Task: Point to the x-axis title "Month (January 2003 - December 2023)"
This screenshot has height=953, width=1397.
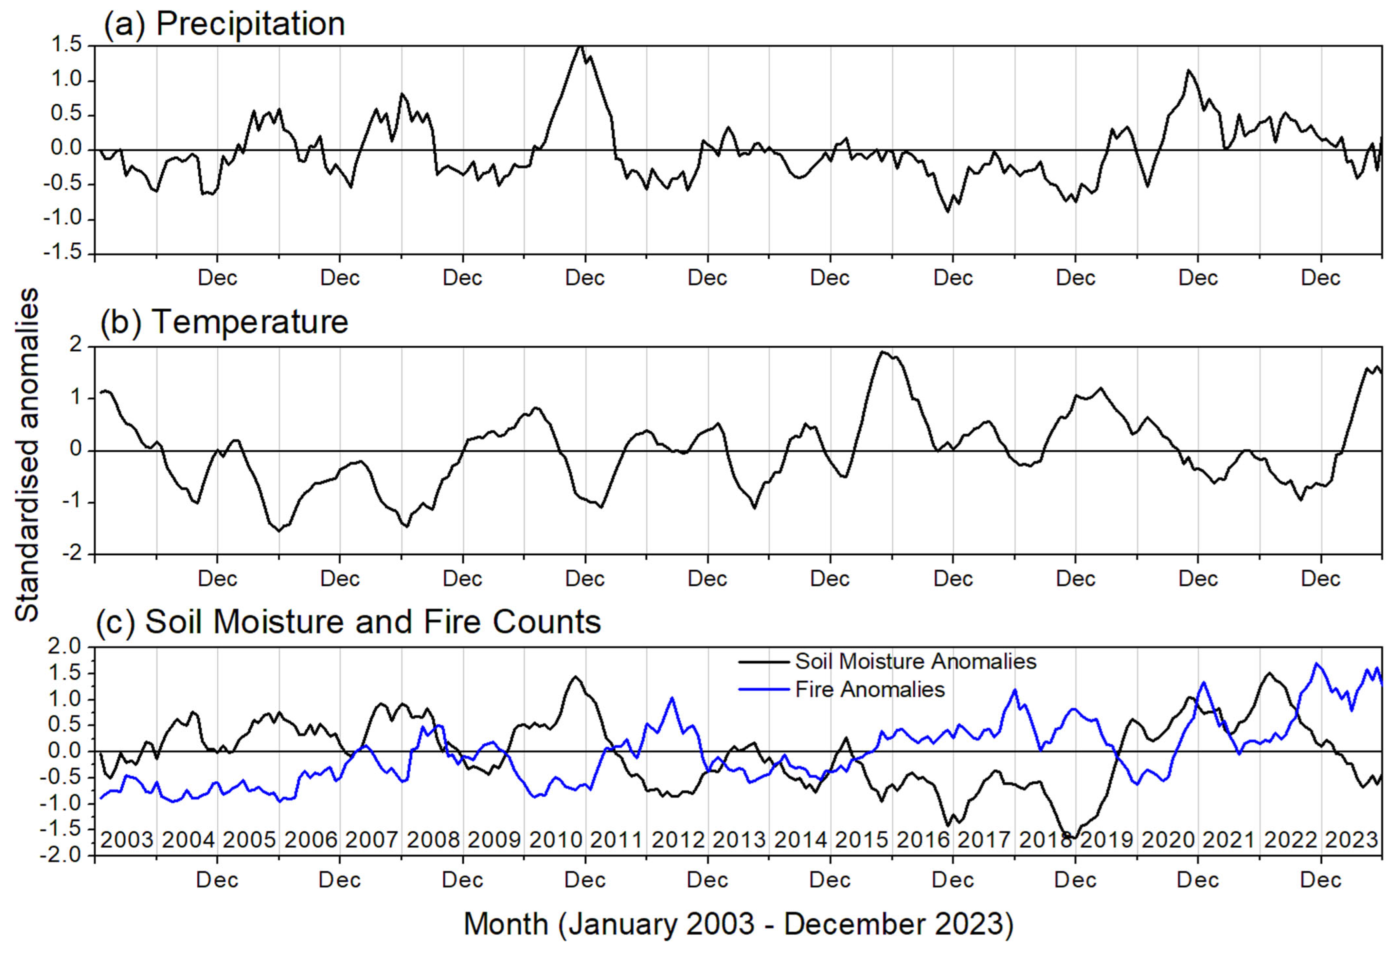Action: pos(738,924)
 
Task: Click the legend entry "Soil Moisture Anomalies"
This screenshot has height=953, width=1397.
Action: pos(915,662)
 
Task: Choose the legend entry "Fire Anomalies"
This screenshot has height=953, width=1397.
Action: pos(870,689)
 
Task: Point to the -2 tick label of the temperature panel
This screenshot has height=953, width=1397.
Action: pos(75,554)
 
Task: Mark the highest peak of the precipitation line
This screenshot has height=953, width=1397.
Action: pos(580,46)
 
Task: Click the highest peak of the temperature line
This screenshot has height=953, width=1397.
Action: pos(882,352)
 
